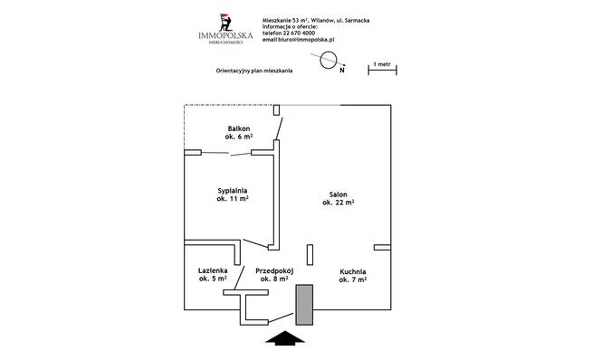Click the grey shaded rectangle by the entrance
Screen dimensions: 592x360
pyautogui.click(x=304, y=305)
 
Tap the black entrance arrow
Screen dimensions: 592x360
pyautogui.click(x=285, y=338)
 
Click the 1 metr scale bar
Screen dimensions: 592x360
pyautogui.click(x=383, y=70)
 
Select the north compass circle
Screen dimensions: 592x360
pyautogui.click(x=329, y=60)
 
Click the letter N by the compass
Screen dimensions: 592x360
pyautogui.click(x=342, y=70)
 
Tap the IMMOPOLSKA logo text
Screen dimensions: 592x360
pyautogui.click(x=225, y=35)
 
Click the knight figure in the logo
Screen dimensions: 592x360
pyautogui.click(x=225, y=23)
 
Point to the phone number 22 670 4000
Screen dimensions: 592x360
pyautogui.click(x=299, y=33)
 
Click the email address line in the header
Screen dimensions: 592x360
pyautogui.click(x=299, y=39)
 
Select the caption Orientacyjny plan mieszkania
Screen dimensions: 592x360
pyautogui.click(x=254, y=71)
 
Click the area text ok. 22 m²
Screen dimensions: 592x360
pyautogui.click(x=339, y=203)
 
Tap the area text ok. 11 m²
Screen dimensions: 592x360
pyautogui.click(x=233, y=198)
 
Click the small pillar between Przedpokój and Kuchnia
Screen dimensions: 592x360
pyautogui.click(x=310, y=255)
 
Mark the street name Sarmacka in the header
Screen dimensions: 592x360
pyautogui.click(x=358, y=21)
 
